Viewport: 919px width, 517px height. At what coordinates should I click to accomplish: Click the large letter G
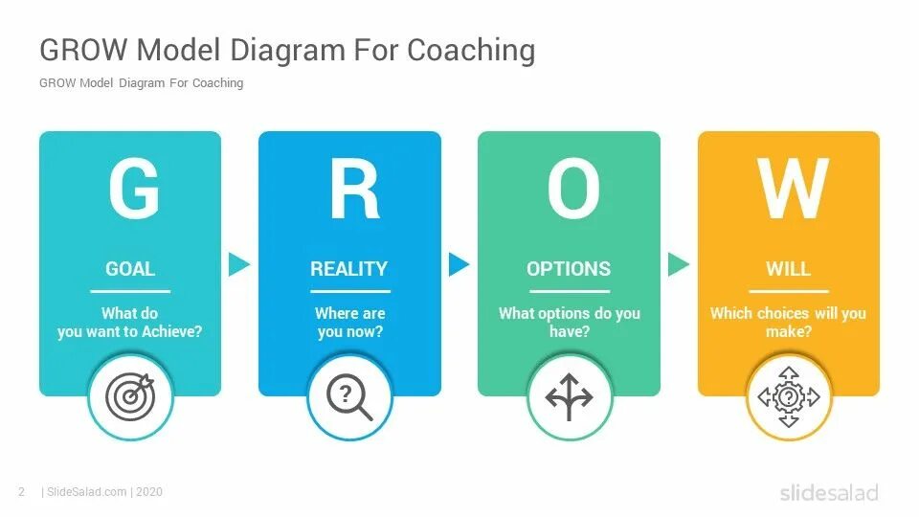click(133, 189)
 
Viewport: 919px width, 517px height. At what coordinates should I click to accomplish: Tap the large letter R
click(352, 189)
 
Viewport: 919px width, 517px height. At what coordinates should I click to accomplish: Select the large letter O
click(572, 189)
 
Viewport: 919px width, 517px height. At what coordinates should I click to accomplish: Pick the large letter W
click(792, 189)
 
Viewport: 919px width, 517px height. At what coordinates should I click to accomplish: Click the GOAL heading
click(130, 269)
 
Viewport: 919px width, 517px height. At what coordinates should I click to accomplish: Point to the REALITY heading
click(349, 269)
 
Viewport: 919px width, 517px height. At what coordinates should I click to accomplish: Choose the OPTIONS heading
click(569, 269)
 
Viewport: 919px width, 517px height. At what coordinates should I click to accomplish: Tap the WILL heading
click(788, 269)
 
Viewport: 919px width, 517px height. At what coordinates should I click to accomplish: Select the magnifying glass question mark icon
click(349, 396)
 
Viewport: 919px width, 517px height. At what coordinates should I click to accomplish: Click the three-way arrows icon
click(570, 396)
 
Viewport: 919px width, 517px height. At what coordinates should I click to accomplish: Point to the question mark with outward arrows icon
click(789, 396)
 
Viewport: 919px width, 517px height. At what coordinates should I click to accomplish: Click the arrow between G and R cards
click(238, 264)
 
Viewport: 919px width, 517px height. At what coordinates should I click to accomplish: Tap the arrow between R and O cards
click(459, 264)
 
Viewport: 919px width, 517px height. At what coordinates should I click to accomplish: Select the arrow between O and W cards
click(678, 264)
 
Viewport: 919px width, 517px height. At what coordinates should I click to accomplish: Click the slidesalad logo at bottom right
click(829, 492)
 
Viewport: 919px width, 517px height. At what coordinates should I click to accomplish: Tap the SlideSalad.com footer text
click(86, 492)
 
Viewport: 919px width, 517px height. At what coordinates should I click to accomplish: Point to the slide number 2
click(21, 492)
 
